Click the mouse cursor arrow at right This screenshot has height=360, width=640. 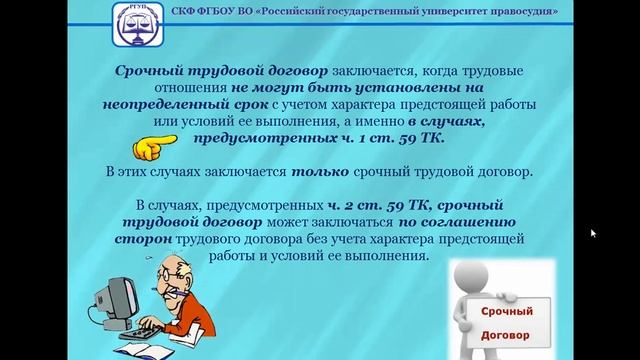(593, 233)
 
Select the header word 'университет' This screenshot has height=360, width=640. (431, 11)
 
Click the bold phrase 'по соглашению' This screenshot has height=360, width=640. (458, 222)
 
